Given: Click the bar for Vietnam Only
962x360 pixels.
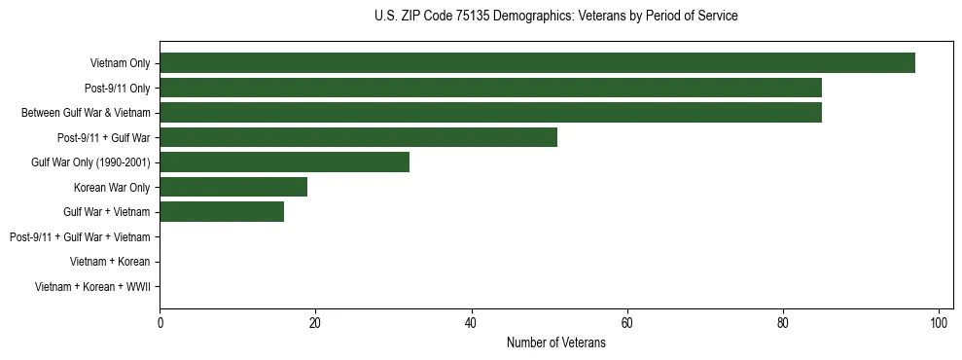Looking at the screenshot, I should point(537,63).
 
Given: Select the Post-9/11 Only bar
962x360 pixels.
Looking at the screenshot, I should point(490,88).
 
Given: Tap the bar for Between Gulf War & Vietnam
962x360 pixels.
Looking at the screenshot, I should point(490,113).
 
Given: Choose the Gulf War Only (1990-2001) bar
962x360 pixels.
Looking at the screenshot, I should point(284,162).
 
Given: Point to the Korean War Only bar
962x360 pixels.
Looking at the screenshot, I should point(233,187).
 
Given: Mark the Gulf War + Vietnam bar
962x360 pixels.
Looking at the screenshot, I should point(222,211).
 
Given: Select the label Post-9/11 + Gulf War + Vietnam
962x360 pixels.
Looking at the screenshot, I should point(79,236).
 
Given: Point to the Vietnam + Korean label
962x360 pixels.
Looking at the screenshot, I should point(109,262).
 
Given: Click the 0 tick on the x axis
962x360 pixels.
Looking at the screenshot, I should point(160,323).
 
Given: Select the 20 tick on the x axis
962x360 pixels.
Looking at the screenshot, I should point(315,323).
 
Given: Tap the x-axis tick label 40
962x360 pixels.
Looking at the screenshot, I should point(471,323).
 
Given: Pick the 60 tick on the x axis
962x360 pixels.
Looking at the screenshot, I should point(627,323).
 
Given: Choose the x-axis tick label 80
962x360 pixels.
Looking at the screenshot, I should point(783,323).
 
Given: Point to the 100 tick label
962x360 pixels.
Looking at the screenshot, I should point(939,323).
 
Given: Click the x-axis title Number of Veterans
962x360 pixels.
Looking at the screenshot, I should point(555,343).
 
